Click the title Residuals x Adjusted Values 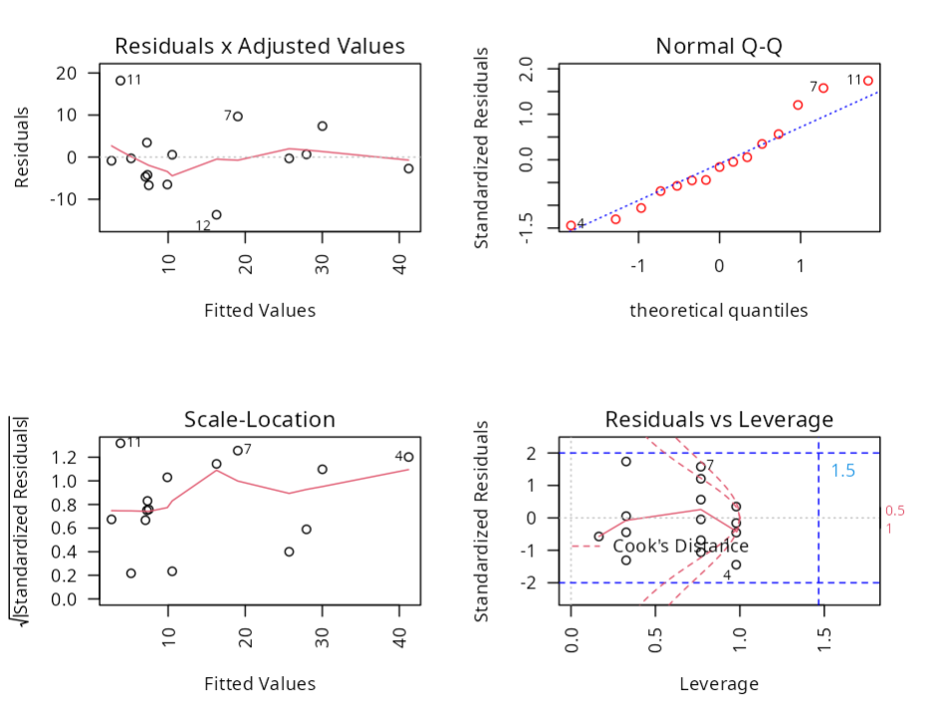pos(260,46)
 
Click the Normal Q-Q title pos(719,46)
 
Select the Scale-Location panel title pos(260,419)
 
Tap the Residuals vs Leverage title pos(719,419)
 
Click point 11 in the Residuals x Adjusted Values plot pos(120,81)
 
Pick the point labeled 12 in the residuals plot pos(216,214)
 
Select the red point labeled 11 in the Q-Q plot pos(868,81)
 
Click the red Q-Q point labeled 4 pos(571,225)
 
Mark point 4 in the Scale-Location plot pos(408,457)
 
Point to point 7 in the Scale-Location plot pos(238,451)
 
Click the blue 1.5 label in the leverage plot pos(843,471)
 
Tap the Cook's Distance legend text pos(680,546)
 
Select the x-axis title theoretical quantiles pos(719,310)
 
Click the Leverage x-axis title pos(719,683)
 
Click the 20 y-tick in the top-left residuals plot pos(67,73)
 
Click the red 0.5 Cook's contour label pos(894,511)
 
